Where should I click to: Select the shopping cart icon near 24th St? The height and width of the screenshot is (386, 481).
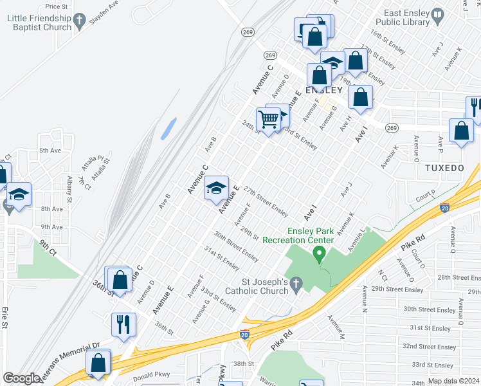[x=268, y=118]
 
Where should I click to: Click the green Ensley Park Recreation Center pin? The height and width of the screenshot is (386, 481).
[x=318, y=255]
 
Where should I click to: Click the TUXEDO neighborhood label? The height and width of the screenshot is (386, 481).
[x=444, y=168]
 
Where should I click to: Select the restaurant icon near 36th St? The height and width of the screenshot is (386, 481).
[x=123, y=324]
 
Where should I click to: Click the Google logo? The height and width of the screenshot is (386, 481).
[x=21, y=378]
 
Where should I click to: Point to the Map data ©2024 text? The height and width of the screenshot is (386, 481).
[x=453, y=381]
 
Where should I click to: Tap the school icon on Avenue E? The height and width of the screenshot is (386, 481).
[x=217, y=187]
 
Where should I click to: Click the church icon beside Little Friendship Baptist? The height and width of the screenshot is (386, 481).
[x=79, y=23]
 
